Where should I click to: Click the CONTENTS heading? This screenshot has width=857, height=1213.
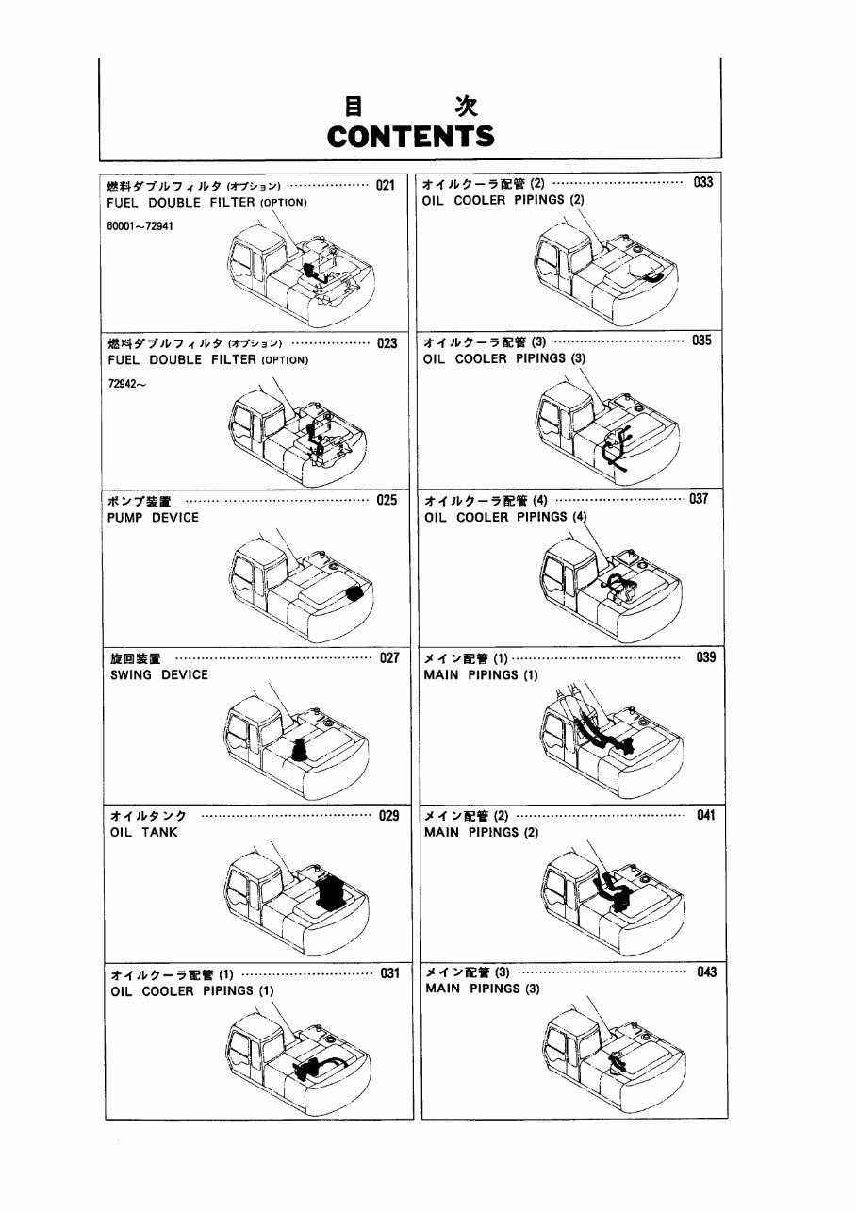coord(410,136)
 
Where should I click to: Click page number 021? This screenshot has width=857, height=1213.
coord(385,185)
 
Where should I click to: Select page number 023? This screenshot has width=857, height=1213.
coord(387,343)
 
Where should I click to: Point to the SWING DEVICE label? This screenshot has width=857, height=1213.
coord(159,675)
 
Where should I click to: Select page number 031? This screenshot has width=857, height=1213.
coord(389,973)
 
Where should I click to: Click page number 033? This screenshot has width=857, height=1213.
coord(703,183)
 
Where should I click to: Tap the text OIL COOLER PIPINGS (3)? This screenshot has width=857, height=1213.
coord(504,358)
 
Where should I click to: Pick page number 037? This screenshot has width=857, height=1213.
coord(699,500)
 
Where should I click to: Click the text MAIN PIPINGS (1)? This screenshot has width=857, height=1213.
coord(481,675)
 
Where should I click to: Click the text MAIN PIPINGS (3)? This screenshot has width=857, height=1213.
coord(482,989)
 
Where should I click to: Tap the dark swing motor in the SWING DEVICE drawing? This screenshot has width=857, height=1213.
coord(299,751)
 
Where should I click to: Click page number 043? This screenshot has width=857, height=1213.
coord(706,972)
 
